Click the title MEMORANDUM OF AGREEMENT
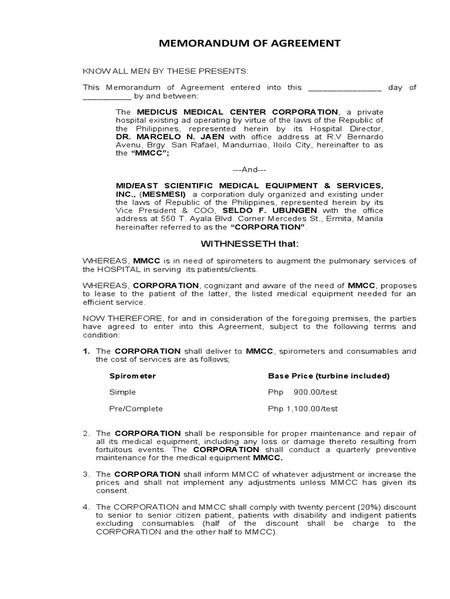[x=242, y=43]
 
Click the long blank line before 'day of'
[x=345, y=88]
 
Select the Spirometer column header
[x=132, y=376]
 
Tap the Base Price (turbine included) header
[x=329, y=376]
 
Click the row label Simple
[x=122, y=392]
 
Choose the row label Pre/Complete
[x=136, y=408]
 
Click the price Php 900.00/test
[x=303, y=392]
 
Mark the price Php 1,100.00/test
[x=303, y=408]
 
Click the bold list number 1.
[x=86, y=351]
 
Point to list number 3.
[x=86, y=474]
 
